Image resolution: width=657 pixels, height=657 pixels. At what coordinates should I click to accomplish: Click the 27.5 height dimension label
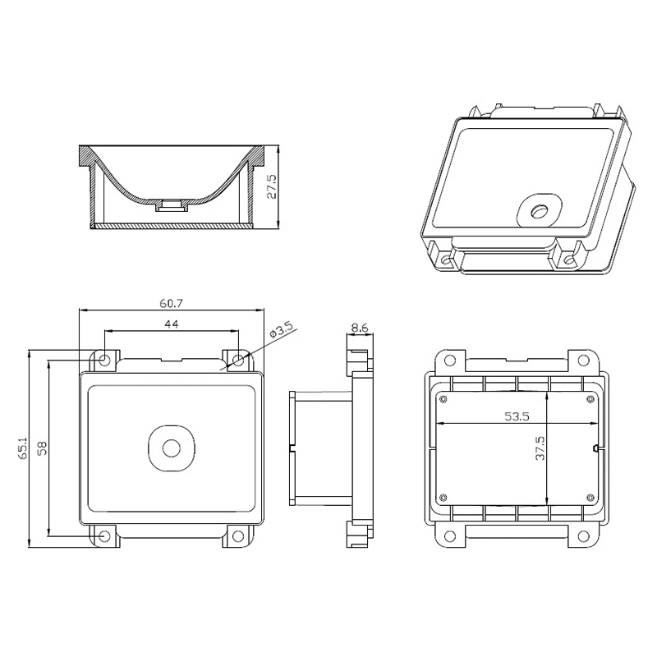(x=272, y=186)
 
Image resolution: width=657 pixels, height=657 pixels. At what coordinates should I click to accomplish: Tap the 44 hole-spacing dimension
(x=171, y=325)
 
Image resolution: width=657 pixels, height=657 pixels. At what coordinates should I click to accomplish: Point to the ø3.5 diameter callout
(x=282, y=332)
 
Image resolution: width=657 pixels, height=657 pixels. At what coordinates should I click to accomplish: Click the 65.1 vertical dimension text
(x=22, y=448)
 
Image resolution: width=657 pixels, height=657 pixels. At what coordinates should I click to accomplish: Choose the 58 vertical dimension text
(x=40, y=448)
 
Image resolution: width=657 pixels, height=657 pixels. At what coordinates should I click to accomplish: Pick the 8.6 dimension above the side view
(x=360, y=328)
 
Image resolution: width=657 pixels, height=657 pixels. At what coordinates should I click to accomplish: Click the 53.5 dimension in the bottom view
(x=517, y=416)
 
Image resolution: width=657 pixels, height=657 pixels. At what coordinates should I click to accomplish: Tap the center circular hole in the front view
(x=172, y=448)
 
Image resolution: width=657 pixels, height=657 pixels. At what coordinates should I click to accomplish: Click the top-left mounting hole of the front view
(x=105, y=360)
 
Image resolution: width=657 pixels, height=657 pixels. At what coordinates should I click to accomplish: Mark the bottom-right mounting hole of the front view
(x=238, y=536)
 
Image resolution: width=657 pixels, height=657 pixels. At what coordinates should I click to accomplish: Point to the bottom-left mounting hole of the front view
(x=104, y=536)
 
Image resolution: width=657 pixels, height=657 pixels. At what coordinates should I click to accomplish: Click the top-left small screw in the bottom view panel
(x=443, y=399)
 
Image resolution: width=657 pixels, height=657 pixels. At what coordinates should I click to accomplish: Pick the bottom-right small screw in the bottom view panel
(x=590, y=495)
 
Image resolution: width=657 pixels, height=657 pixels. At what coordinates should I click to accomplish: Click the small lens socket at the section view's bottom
(x=172, y=204)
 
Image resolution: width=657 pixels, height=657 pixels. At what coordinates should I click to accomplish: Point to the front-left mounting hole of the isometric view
(x=446, y=261)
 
